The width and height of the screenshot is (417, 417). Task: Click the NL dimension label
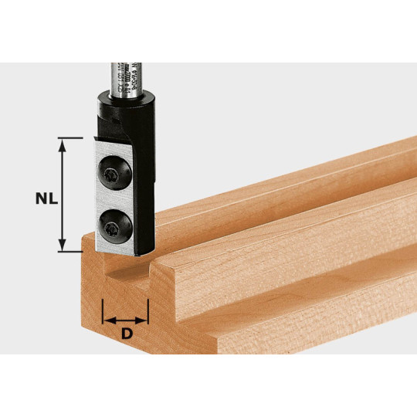tap(46, 197)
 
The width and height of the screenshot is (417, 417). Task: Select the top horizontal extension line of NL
tap(70, 138)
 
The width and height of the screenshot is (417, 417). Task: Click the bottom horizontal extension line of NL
tap(70, 253)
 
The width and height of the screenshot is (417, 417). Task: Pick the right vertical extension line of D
tap(148, 305)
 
